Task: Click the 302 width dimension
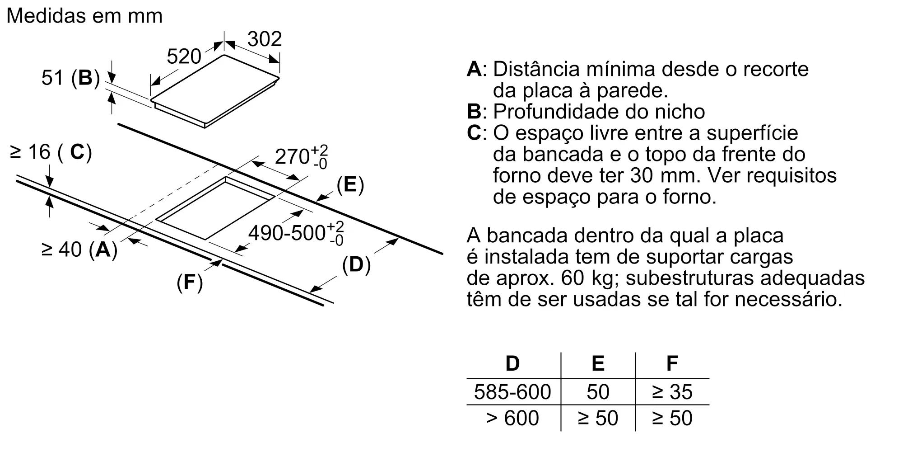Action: [x=265, y=39]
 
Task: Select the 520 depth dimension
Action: [x=184, y=56]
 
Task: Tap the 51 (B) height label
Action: [x=70, y=78]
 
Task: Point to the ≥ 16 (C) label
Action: [x=51, y=152]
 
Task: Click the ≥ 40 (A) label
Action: [x=79, y=249]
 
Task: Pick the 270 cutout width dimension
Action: [x=301, y=156]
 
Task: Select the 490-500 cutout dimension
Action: [x=296, y=233]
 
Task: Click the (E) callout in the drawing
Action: [x=350, y=185]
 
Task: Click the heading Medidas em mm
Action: [x=84, y=16]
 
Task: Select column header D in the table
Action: [x=512, y=363]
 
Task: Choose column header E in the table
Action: [x=598, y=363]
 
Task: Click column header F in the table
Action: [x=672, y=363]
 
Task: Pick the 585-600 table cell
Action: [x=512, y=392]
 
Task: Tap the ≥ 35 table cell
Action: [x=672, y=392]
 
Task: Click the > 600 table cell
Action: [x=512, y=418]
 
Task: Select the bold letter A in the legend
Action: [x=474, y=69]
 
